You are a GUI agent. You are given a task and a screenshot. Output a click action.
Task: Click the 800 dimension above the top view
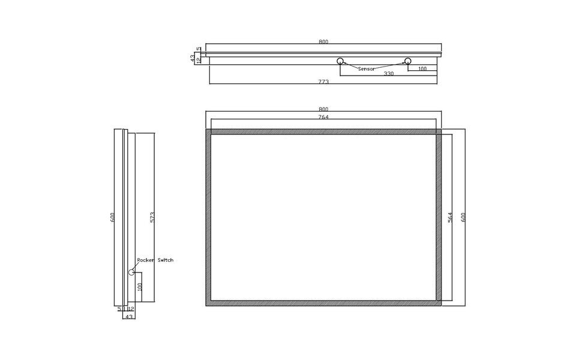click(x=323, y=41)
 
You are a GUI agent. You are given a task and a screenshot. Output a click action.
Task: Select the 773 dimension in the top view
click(x=323, y=82)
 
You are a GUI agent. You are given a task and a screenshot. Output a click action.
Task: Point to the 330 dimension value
click(x=388, y=74)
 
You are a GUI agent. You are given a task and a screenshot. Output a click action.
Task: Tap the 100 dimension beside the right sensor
click(x=422, y=69)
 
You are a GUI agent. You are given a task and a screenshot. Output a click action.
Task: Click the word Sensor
click(x=366, y=69)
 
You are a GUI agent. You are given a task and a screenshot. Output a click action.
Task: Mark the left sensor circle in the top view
click(x=340, y=61)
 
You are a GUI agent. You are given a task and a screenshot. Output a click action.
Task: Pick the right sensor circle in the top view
click(x=408, y=61)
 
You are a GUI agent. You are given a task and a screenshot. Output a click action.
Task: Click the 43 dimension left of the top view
click(x=193, y=58)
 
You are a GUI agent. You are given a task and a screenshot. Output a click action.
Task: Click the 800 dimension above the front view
click(x=323, y=109)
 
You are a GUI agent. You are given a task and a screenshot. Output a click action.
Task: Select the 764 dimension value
click(x=323, y=117)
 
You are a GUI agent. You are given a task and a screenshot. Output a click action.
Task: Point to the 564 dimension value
click(x=451, y=217)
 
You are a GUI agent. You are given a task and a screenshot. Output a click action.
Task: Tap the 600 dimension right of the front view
click(x=463, y=217)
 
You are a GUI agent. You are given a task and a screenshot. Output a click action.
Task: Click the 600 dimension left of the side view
click(x=112, y=217)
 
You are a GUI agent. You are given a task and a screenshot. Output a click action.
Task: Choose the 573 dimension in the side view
click(x=153, y=217)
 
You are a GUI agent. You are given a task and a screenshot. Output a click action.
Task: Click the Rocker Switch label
click(x=155, y=260)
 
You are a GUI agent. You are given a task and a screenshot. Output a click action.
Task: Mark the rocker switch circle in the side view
click(x=131, y=272)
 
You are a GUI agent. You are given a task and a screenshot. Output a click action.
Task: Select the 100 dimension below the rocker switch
click(x=139, y=287)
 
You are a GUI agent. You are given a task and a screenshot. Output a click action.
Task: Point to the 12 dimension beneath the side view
click(x=131, y=308)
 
